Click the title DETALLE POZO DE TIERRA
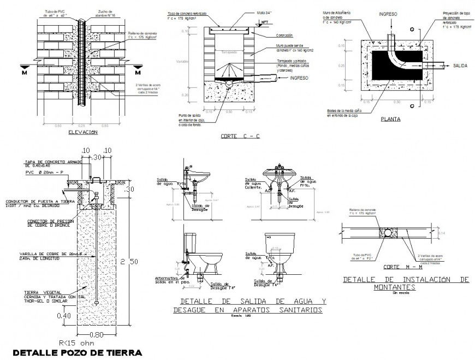(x=77, y=352)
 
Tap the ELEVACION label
(x=82, y=132)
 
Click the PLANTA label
(x=391, y=119)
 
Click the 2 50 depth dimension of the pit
(x=132, y=262)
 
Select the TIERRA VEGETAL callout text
(x=38, y=292)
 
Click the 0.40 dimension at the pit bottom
(x=64, y=316)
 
